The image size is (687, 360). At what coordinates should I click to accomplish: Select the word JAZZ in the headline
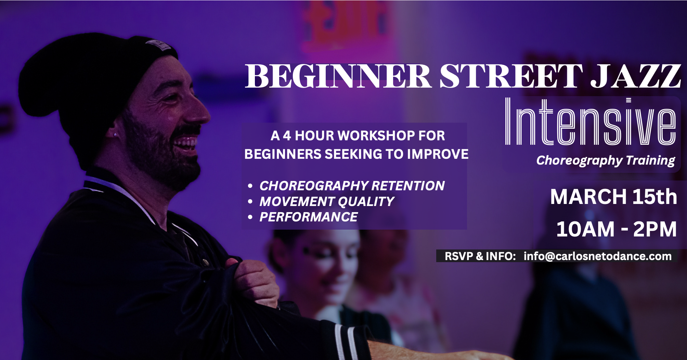(636, 76)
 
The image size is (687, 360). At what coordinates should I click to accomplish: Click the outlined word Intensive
(590, 121)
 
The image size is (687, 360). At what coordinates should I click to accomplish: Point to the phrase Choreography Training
(606, 160)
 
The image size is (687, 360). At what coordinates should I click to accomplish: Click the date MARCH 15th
(613, 197)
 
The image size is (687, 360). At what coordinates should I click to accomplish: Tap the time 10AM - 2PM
(616, 229)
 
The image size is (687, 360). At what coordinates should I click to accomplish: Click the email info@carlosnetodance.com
(597, 256)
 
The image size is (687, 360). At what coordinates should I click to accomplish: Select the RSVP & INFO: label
(480, 256)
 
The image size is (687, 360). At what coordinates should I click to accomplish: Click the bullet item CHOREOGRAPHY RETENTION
(352, 186)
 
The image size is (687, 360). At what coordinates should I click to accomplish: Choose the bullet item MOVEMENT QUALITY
(327, 202)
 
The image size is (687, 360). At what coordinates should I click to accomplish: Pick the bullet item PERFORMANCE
(308, 217)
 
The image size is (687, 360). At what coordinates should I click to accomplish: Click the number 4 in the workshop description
(287, 136)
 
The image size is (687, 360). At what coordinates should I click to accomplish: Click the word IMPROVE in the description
(438, 154)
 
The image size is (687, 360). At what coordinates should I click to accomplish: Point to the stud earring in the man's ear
(115, 135)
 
